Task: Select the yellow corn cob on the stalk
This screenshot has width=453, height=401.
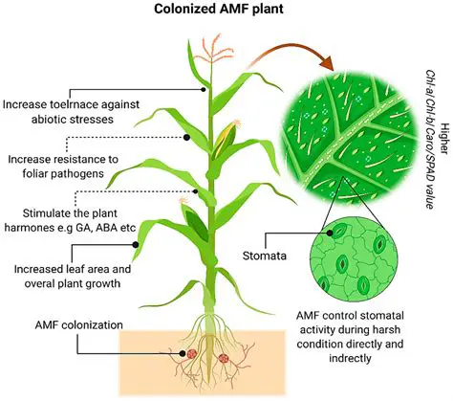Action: (225, 140)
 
